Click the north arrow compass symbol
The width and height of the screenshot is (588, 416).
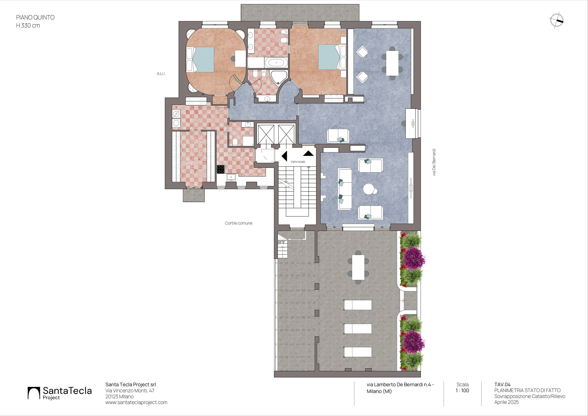pyautogui.click(x=556, y=21)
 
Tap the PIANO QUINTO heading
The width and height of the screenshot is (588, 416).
pyautogui.click(x=35, y=17)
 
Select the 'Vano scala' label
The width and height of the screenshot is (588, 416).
pyautogui.click(x=298, y=162)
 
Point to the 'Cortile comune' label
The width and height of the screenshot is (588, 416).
pyautogui.click(x=239, y=223)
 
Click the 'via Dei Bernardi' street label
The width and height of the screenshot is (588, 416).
pyautogui.click(x=434, y=162)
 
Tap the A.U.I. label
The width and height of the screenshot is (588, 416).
pyautogui.click(x=161, y=74)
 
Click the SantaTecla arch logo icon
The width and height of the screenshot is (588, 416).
pyautogui.click(x=34, y=393)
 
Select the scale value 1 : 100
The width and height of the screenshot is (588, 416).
pyautogui.click(x=462, y=390)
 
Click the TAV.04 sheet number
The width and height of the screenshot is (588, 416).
pyautogui.click(x=502, y=385)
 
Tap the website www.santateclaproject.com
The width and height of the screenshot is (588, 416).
pyautogui.click(x=136, y=402)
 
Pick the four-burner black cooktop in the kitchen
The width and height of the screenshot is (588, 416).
pyautogui.click(x=221, y=169)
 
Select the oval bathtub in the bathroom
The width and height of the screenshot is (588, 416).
pyautogui.click(x=276, y=63)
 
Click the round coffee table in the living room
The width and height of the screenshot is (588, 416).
pyautogui.click(x=369, y=189)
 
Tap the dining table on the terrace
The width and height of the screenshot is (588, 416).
pyautogui.click(x=358, y=267)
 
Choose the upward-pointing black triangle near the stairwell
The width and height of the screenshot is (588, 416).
pyautogui.click(x=308, y=153)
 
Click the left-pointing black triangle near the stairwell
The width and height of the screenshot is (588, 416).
pyautogui.click(x=284, y=156)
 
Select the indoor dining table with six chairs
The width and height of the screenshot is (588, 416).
pyautogui.click(x=392, y=63)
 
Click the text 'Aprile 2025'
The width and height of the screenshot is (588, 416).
pyautogui.click(x=507, y=402)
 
